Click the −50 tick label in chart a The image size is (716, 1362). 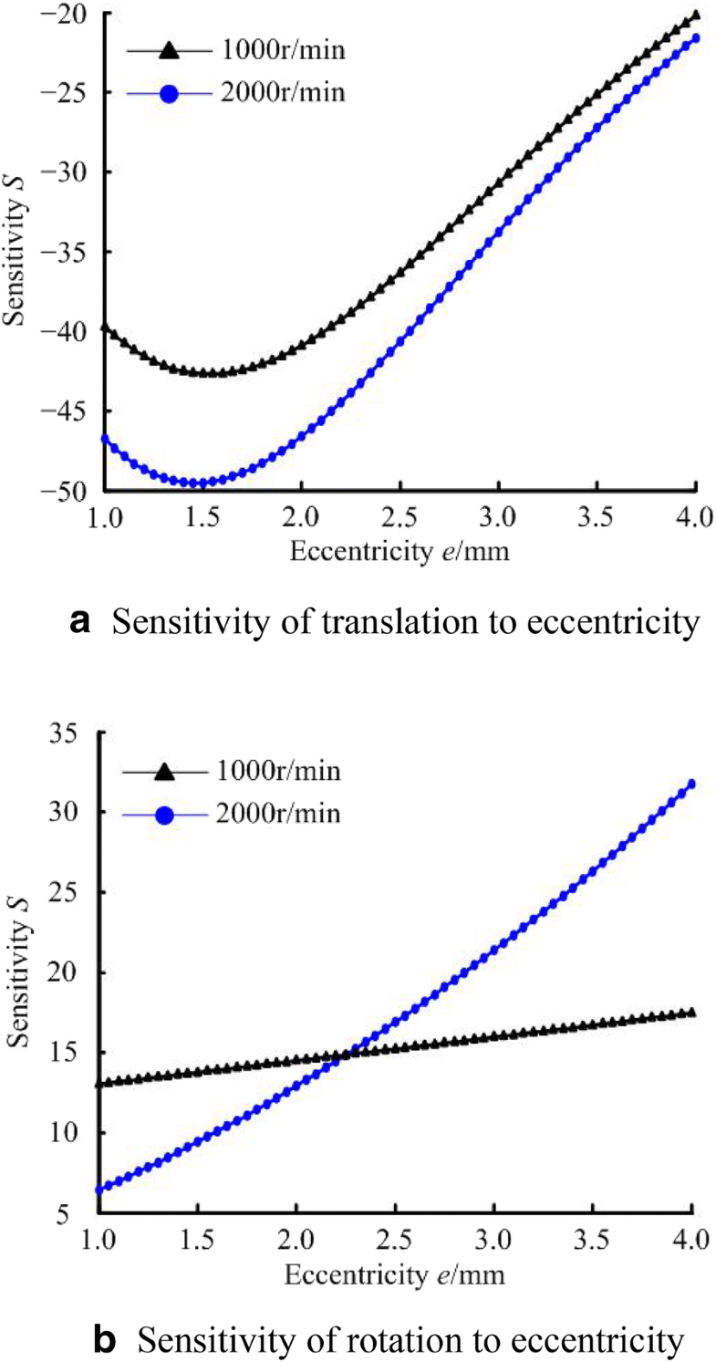coord(65,491)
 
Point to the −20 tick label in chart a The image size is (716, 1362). coord(65,13)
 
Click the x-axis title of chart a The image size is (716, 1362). coord(398,551)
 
